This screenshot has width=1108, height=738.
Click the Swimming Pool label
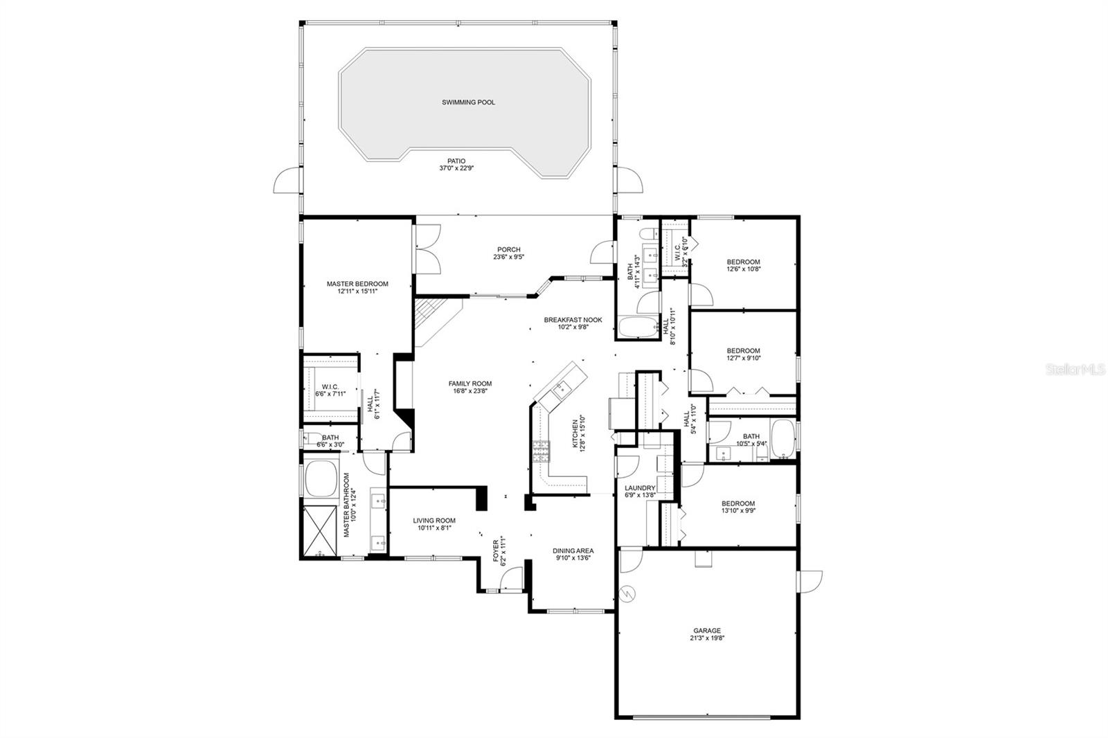tap(468, 102)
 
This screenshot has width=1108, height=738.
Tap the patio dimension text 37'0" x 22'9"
tap(456, 168)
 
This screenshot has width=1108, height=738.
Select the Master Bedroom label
tap(357, 284)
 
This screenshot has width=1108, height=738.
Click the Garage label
tap(707, 631)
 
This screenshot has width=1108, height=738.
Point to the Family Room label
tap(470, 384)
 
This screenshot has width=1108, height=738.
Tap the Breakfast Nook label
tap(573, 320)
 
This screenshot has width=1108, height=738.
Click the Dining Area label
tap(573, 551)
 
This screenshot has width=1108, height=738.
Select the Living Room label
tap(434, 521)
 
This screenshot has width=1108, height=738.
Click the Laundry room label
tap(639, 487)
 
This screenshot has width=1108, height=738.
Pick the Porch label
tap(508, 250)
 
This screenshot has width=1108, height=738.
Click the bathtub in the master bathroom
tap(321, 479)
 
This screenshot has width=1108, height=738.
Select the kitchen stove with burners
tap(540, 453)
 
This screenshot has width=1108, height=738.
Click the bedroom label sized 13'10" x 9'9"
tap(738, 503)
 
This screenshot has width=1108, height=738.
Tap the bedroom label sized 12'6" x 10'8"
tap(743, 262)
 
